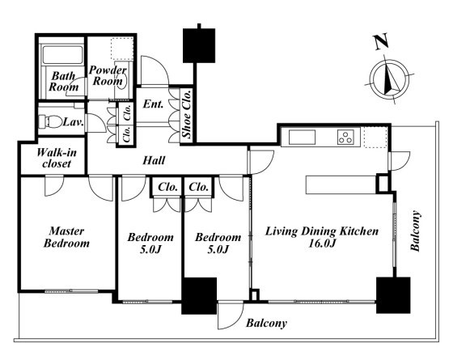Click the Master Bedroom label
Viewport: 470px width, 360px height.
[x=66, y=237]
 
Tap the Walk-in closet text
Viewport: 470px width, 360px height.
[x=57, y=158]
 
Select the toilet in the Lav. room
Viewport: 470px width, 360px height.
[x=50, y=121]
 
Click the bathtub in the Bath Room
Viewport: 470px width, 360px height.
[x=62, y=54]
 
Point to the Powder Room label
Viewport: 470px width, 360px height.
[x=108, y=75]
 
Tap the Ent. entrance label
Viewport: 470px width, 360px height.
[x=153, y=104]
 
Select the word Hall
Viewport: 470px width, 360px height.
[x=154, y=160]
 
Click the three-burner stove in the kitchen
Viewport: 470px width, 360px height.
[x=345, y=137]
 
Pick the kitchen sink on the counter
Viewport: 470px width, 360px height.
[x=302, y=138]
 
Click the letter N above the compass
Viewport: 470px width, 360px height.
[x=381, y=42]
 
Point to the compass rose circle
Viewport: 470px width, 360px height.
[x=389, y=78]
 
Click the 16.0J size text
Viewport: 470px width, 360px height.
[x=322, y=243]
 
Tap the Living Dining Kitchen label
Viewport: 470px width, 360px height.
[x=322, y=231]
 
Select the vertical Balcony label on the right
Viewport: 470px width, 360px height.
[x=416, y=231]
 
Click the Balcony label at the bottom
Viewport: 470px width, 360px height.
[x=266, y=323]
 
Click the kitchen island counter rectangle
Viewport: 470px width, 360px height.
[x=341, y=184]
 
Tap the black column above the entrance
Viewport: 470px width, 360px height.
[x=199, y=45]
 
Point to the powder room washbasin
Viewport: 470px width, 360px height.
[x=124, y=80]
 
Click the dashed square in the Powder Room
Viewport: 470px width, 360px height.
[x=122, y=49]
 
